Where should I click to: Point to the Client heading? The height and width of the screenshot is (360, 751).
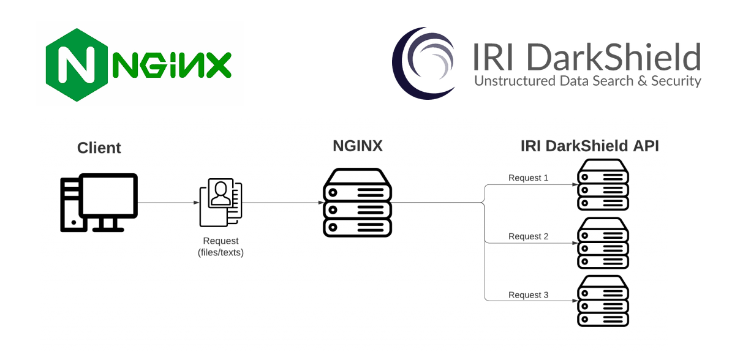[x=99, y=148]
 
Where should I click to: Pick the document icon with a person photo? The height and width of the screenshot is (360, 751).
[x=221, y=203]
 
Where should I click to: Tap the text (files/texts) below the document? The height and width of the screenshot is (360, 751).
[x=221, y=252]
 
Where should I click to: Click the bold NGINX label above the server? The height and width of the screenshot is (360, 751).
[x=357, y=146]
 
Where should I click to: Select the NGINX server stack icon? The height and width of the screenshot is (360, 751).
[x=357, y=203]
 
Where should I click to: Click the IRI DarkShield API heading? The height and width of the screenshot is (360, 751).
[x=589, y=146]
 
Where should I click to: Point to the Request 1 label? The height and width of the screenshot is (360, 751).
[x=528, y=178]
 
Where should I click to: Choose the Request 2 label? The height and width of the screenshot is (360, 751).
[x=528, y=236]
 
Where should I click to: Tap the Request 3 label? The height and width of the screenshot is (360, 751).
[x=528, y=295]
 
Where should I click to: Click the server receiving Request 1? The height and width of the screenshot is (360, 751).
[x=603, y=185]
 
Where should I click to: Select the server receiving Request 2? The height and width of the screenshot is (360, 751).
[x=603, y=243]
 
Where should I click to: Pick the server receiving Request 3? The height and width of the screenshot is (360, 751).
[x=603, y=301]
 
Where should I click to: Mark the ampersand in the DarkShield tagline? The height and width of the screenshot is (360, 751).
[x=640, y=81]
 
